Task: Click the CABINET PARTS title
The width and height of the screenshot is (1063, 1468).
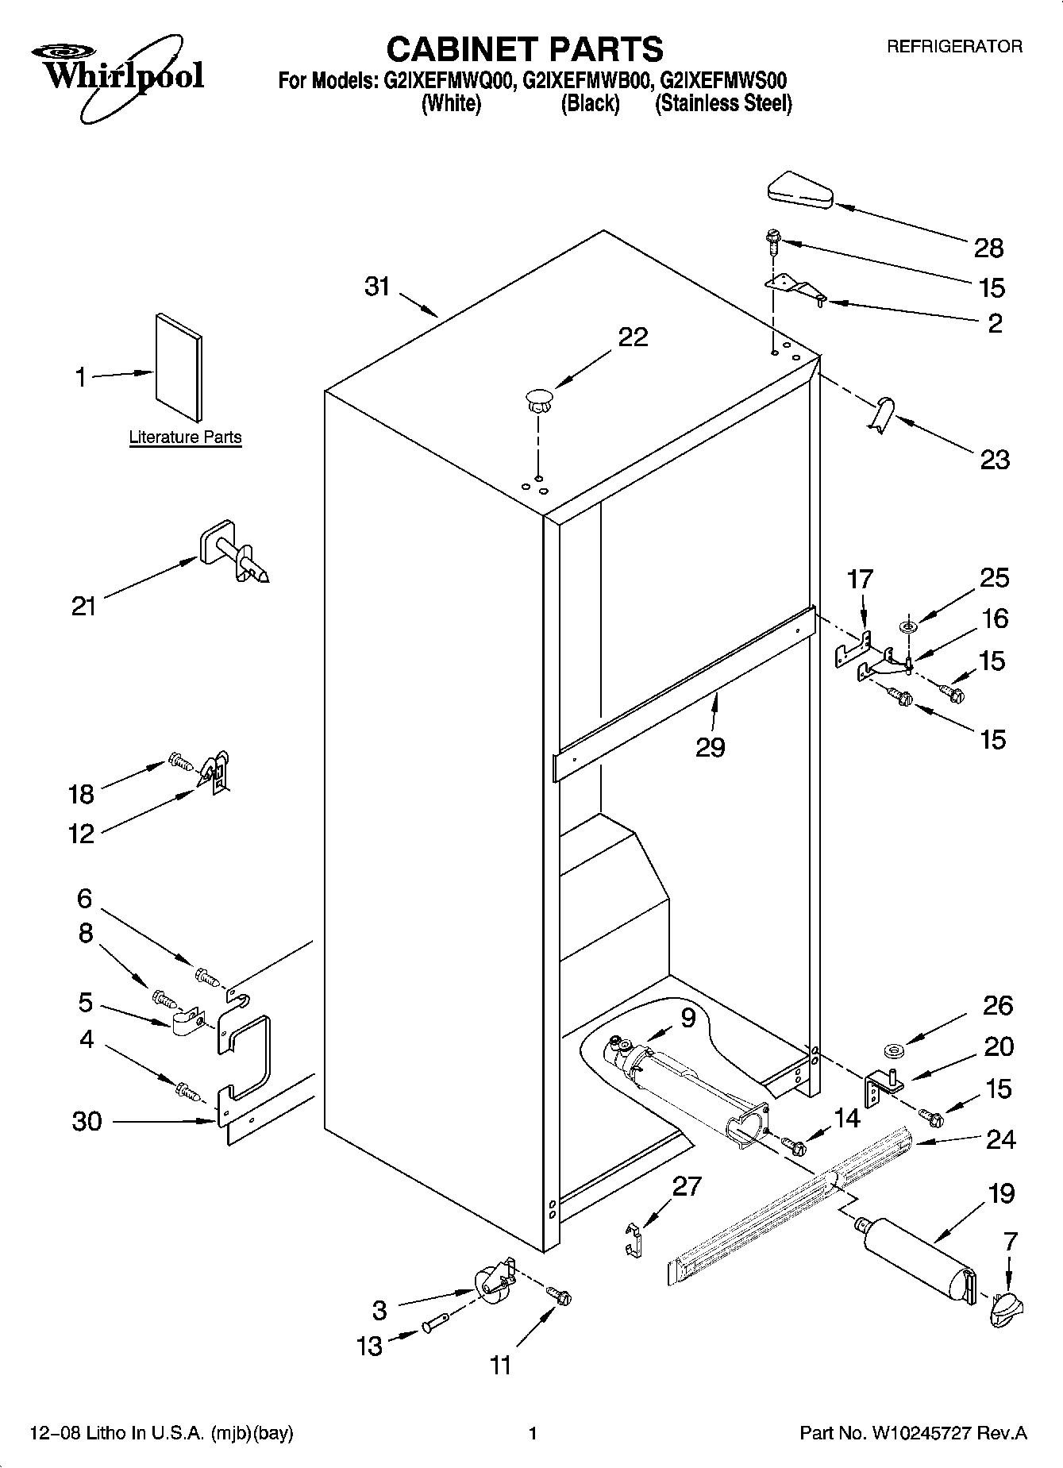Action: [x=524, y=49]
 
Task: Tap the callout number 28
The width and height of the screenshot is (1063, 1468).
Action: [x=988, y=249]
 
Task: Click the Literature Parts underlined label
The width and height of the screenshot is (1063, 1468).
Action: [x=185, y=437]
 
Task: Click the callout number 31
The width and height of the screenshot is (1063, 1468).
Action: [x=377, y=286]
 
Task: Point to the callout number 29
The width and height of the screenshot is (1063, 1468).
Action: [x=710, y=747]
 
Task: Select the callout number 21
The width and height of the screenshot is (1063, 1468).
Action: [x=83, y=607]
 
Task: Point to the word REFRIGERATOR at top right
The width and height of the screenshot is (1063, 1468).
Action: [x=954, y=47]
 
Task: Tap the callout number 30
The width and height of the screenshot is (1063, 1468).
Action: [x=87, y=1121]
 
